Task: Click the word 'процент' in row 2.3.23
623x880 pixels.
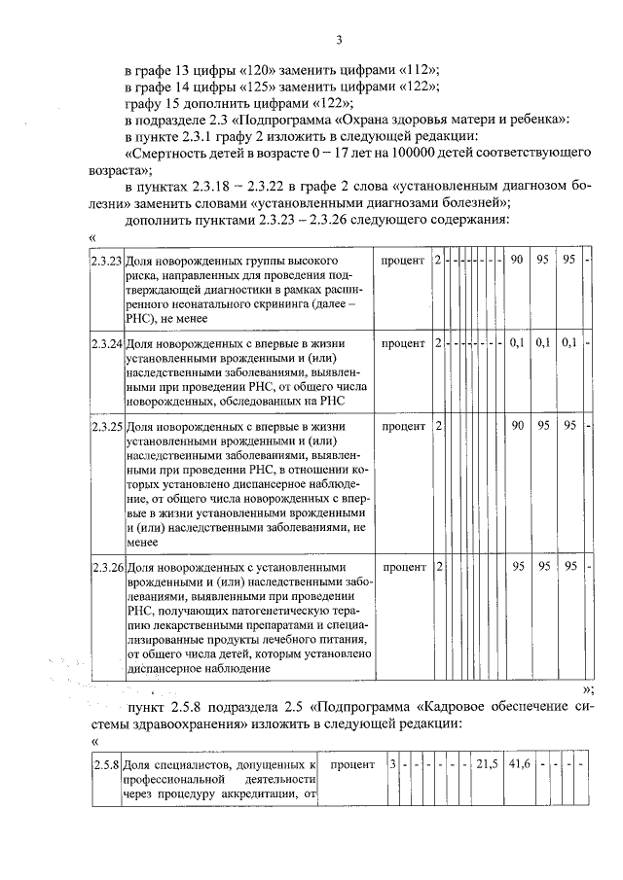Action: pyautogui.click(x=402, y=263)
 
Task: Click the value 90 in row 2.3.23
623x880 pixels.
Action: pyautogui.click(x=518, y=262)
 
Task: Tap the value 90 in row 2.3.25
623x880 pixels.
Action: pyautogui.click(x=518, y=425)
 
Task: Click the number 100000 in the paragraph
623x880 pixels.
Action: pyautogui.click(x=422, y=154)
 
